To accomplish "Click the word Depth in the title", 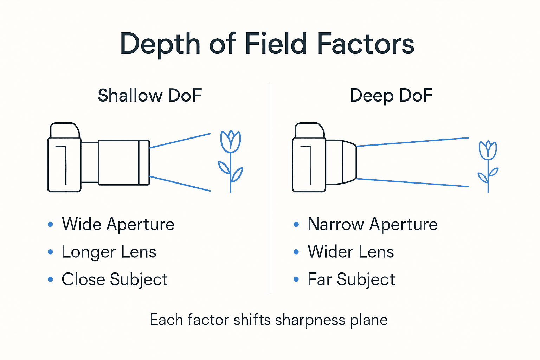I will click(x=160, y=44).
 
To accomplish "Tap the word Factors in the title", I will click(x=366, y=44).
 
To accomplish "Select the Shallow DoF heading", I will click(x=150, y=96).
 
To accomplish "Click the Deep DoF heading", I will click(x=391, y=96).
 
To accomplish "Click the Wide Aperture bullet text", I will click(x=118, y=224).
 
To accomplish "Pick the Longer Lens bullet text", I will click(x=109, y=252).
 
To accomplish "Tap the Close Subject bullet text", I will click(x=115, y=279).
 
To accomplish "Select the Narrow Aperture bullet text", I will click(x=373, y=224).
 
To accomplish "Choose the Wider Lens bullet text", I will click(x=351, y=252).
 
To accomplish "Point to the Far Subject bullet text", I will click(x=352, y=279).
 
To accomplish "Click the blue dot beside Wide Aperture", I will click(x=50, y=224).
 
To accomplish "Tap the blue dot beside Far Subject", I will click(x=296, y=279).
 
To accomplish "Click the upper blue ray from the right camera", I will click(x=413, y=142).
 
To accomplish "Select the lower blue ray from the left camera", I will click(x=180, y=184).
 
